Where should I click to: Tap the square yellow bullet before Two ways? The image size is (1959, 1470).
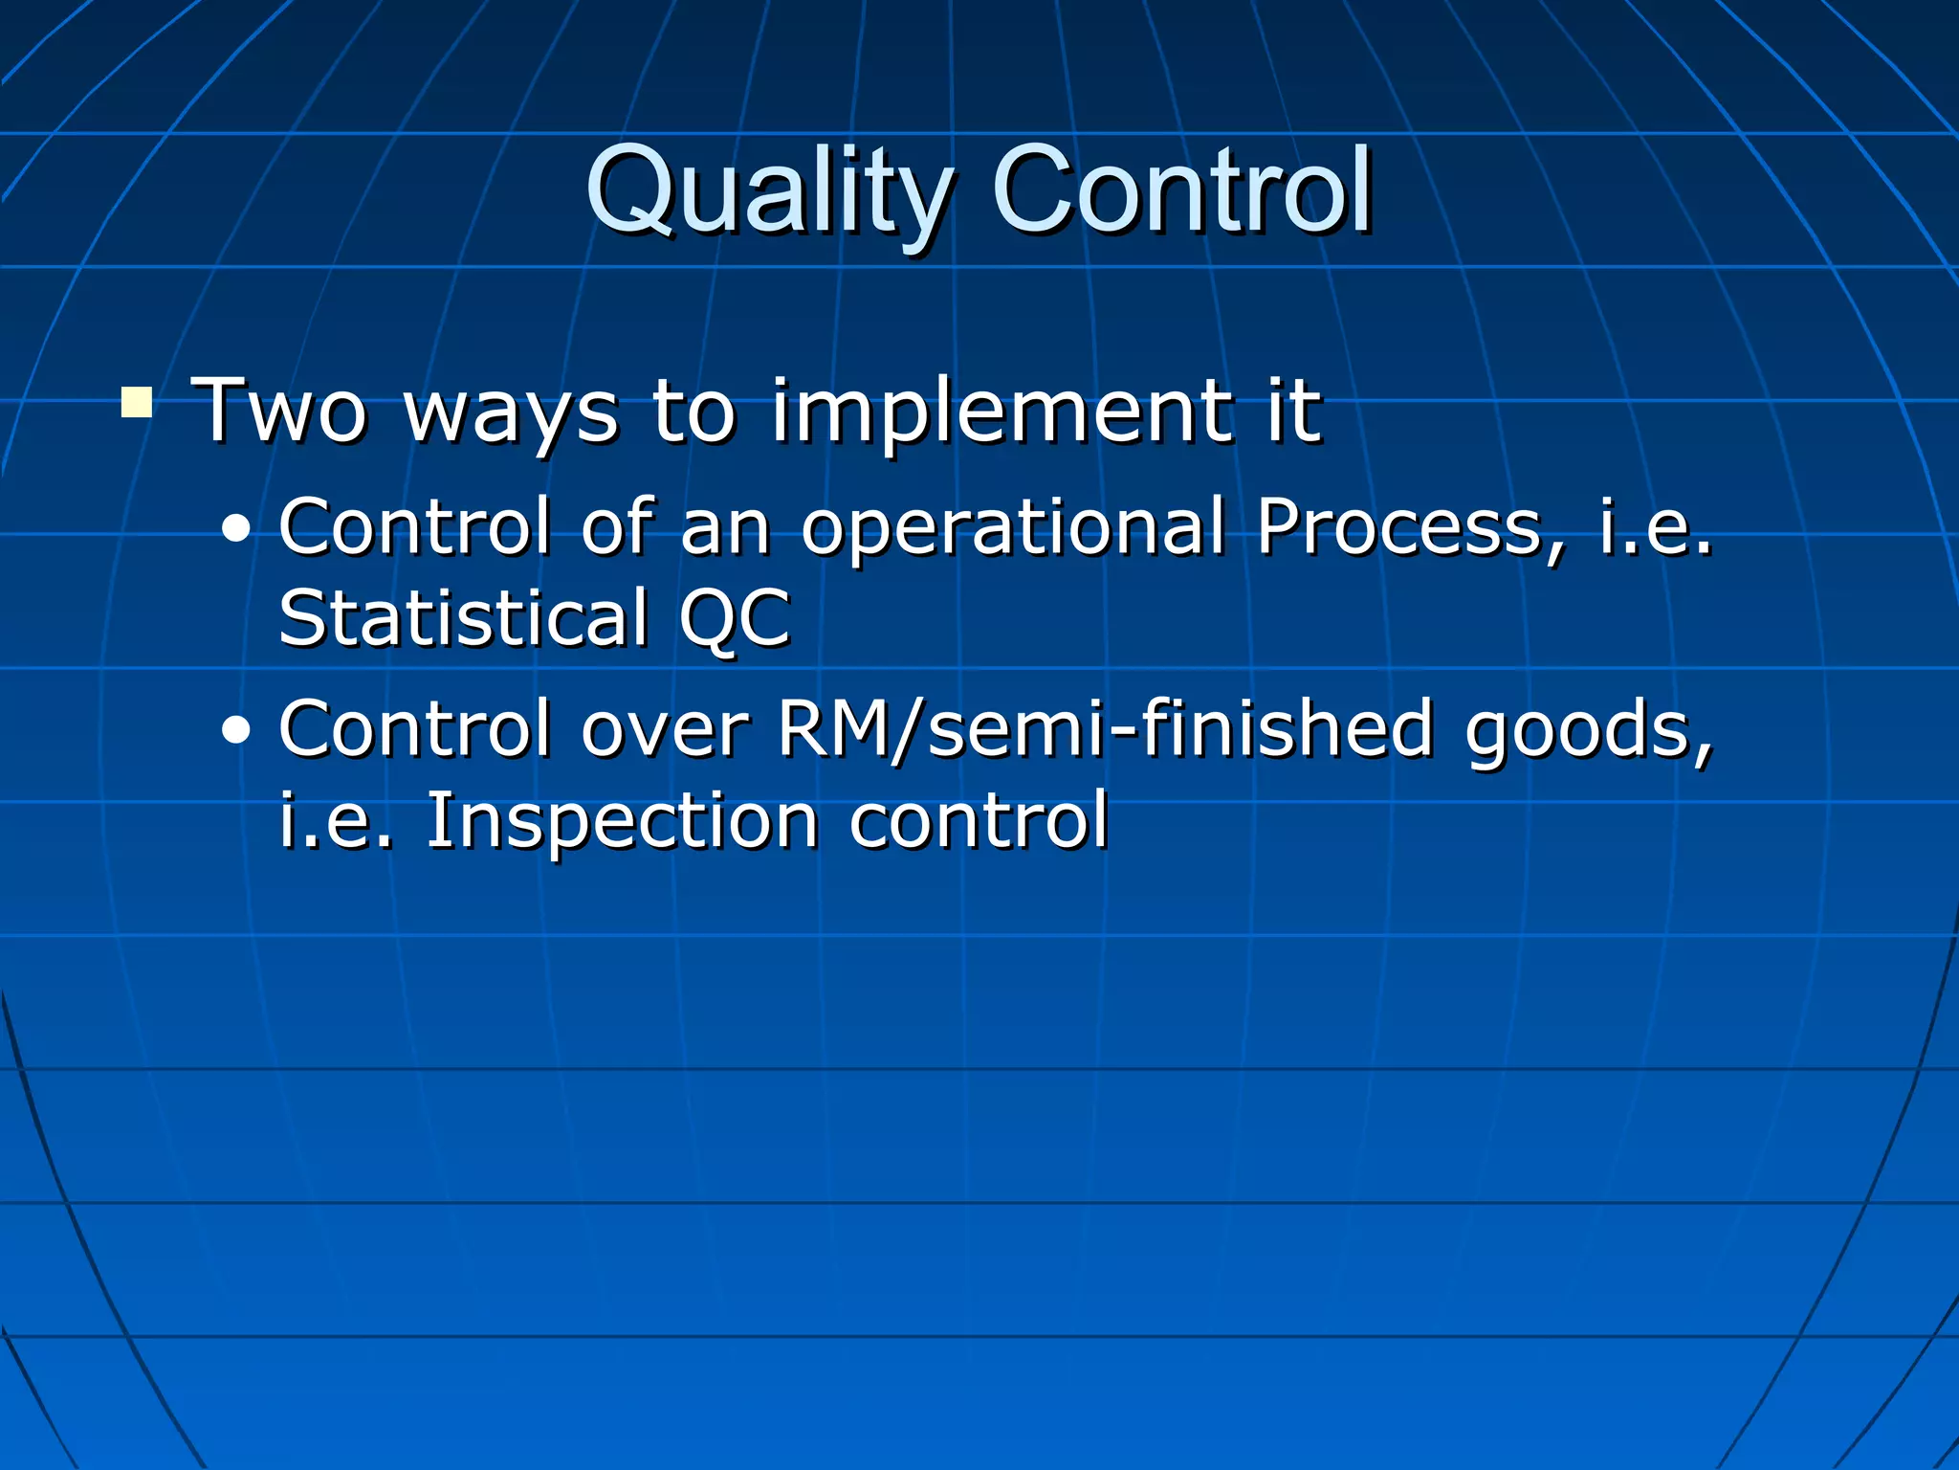click(137, 402)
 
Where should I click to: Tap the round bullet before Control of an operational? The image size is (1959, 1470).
click(235, 529)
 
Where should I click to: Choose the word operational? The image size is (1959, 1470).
click(1013, 528)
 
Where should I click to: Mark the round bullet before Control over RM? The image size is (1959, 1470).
click(235, 732)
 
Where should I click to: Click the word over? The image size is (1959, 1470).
click(665, 730)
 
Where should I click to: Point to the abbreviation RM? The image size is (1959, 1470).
click(832, 729)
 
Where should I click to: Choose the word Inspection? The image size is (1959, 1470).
click(622, 821)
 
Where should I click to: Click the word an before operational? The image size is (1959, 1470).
click(725, 528)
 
